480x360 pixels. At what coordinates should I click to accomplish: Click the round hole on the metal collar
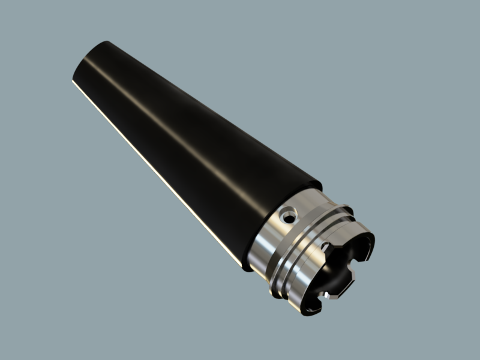click(290, 214)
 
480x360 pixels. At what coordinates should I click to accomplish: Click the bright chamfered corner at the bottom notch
click(326, 295)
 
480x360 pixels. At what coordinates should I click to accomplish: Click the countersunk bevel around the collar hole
click(284, 212)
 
